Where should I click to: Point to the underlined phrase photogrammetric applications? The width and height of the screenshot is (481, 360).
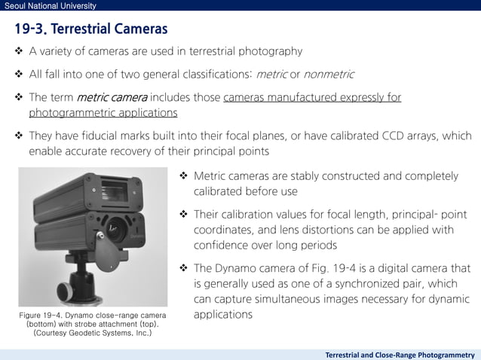coord(103,113)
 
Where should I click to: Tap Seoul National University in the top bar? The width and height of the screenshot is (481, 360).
coord(48,6)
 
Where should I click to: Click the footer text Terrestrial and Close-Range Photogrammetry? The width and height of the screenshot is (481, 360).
coord(400,353)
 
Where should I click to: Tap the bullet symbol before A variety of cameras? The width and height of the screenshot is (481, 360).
coord(19,52)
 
